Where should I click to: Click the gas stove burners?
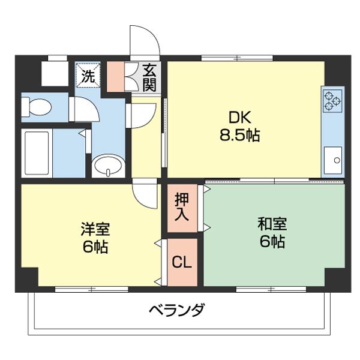[x=332, y=100]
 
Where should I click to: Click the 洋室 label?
[x=96, y=229]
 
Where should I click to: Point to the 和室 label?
[x=272, y=224]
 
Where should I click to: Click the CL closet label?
[x=182, y=262]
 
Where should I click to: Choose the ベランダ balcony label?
[x=177, y=311]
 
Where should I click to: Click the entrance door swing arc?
[x=145, y=40]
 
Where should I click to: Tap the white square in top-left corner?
[x=55, y=73]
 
